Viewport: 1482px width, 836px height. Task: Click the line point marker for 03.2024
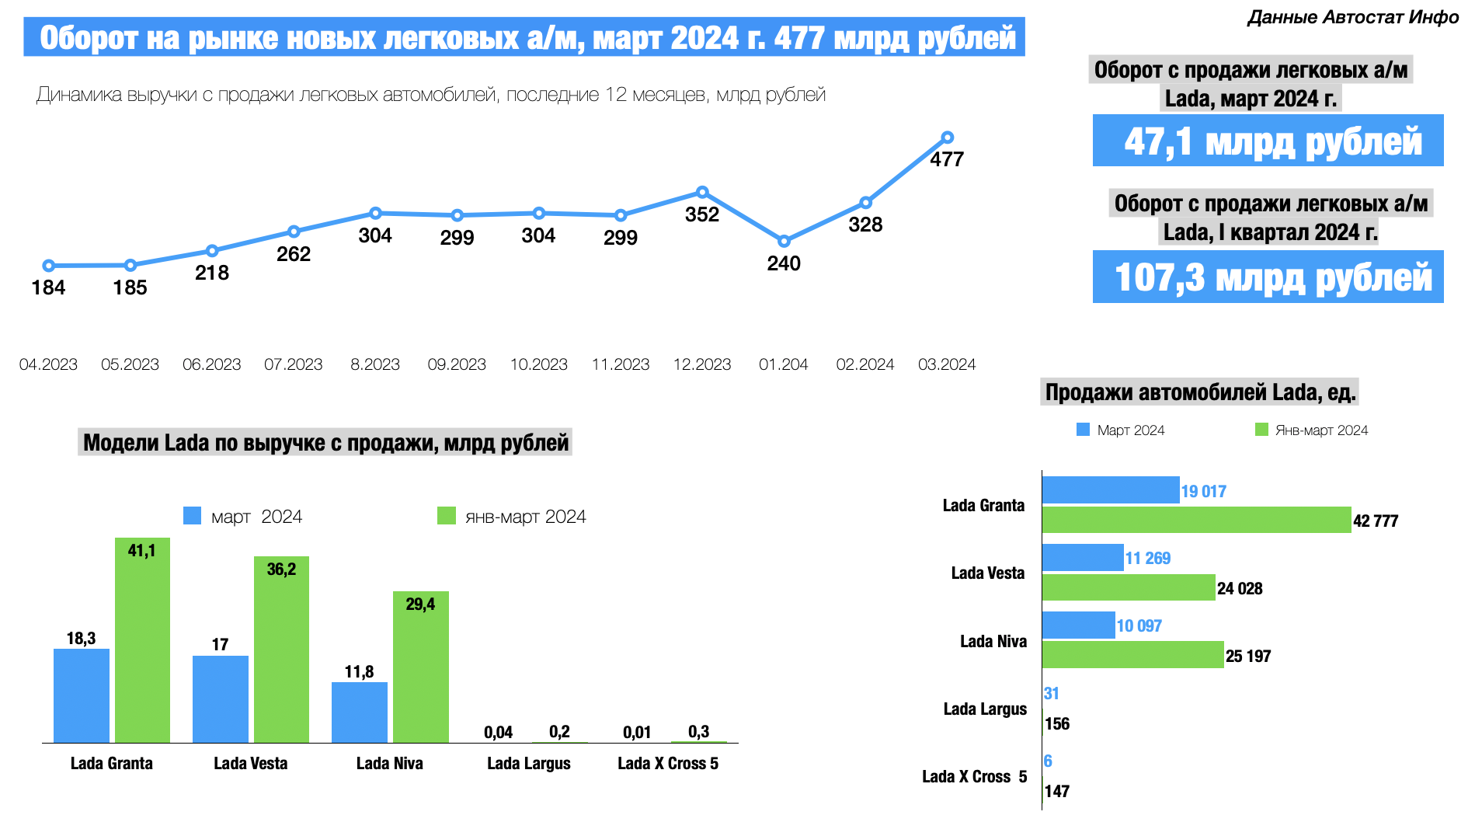point(947,138)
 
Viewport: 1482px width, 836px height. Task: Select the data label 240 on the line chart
point(784,263)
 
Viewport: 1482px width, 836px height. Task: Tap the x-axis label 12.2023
point(702,364)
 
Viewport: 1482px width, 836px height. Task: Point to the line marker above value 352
point(702,192)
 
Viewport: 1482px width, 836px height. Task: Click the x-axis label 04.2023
point(48,364)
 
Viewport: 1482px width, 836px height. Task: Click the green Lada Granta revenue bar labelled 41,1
point(142,641)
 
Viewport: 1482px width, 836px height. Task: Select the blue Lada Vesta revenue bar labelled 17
point(221,698)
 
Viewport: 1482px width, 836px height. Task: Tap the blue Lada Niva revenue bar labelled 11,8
point(360,712)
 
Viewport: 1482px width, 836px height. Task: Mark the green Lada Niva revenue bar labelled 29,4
point(420,667)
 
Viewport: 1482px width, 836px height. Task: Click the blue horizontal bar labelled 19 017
point(1110,490)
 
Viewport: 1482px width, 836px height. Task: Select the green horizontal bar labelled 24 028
point(1128,587)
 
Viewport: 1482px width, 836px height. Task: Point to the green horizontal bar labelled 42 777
point(1196,520)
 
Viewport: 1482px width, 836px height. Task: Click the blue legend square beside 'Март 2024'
point(1083,430)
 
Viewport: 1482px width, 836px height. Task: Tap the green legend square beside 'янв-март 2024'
point(447,516)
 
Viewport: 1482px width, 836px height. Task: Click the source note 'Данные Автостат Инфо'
point(1353,17)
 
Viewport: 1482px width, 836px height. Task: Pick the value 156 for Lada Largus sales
point(1057,724)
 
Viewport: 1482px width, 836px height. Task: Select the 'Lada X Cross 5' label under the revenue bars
point(668,764)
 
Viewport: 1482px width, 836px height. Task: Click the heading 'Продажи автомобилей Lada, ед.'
point(1200,392)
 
